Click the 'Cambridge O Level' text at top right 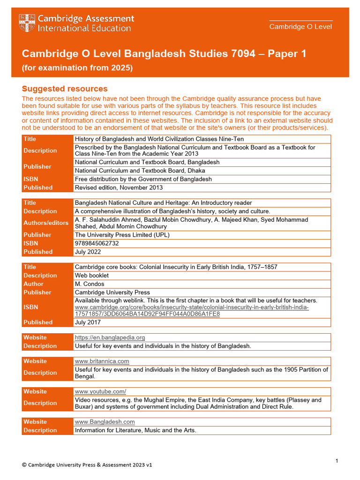point(300,27)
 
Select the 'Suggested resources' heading point(65,89)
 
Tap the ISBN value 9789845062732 point(97,243)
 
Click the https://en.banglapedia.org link point(110,337)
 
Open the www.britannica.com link point(102,361)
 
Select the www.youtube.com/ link point(100,391)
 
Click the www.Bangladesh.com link point(105,422)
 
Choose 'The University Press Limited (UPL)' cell point(122,235)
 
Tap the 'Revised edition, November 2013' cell point(119,187)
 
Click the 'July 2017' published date point(88,322)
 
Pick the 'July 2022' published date point(88,252)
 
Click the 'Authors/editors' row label point(46,223)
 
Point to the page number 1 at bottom point(337,461)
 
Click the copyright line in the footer point(87,465)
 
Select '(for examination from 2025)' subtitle point(77,68)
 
